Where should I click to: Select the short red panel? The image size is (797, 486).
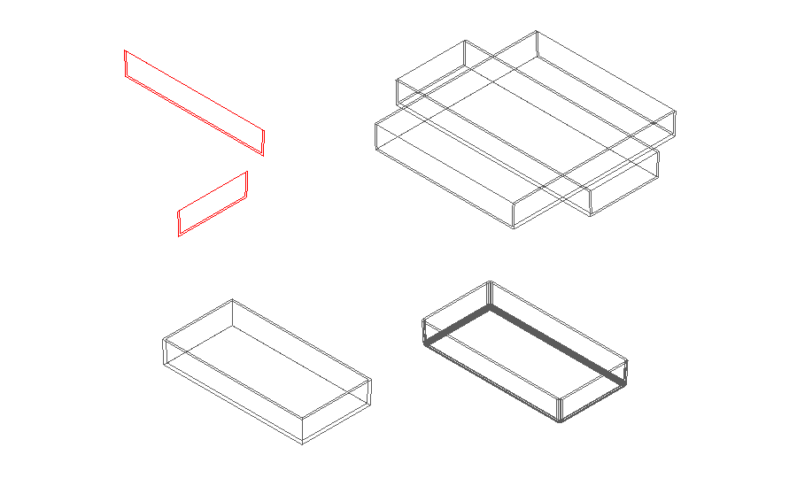point(213,204)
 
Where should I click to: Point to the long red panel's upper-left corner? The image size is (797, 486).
point(126,51)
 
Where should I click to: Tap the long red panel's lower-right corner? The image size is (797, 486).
point(263,155)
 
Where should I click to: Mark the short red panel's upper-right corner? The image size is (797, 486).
point(247,172)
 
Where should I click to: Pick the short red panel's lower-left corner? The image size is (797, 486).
point(179,235)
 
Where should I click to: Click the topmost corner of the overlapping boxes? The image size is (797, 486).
point(537,31)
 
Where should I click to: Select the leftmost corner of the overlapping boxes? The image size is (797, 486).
point(375,121)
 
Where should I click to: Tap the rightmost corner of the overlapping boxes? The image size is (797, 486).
point(676,112)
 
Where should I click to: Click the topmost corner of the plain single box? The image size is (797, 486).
point(233,299)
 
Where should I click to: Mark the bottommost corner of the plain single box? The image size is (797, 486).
point(302,444)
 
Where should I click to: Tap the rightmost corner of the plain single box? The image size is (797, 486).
point(371,381)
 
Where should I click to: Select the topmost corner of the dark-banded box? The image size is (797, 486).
point(490,282)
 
